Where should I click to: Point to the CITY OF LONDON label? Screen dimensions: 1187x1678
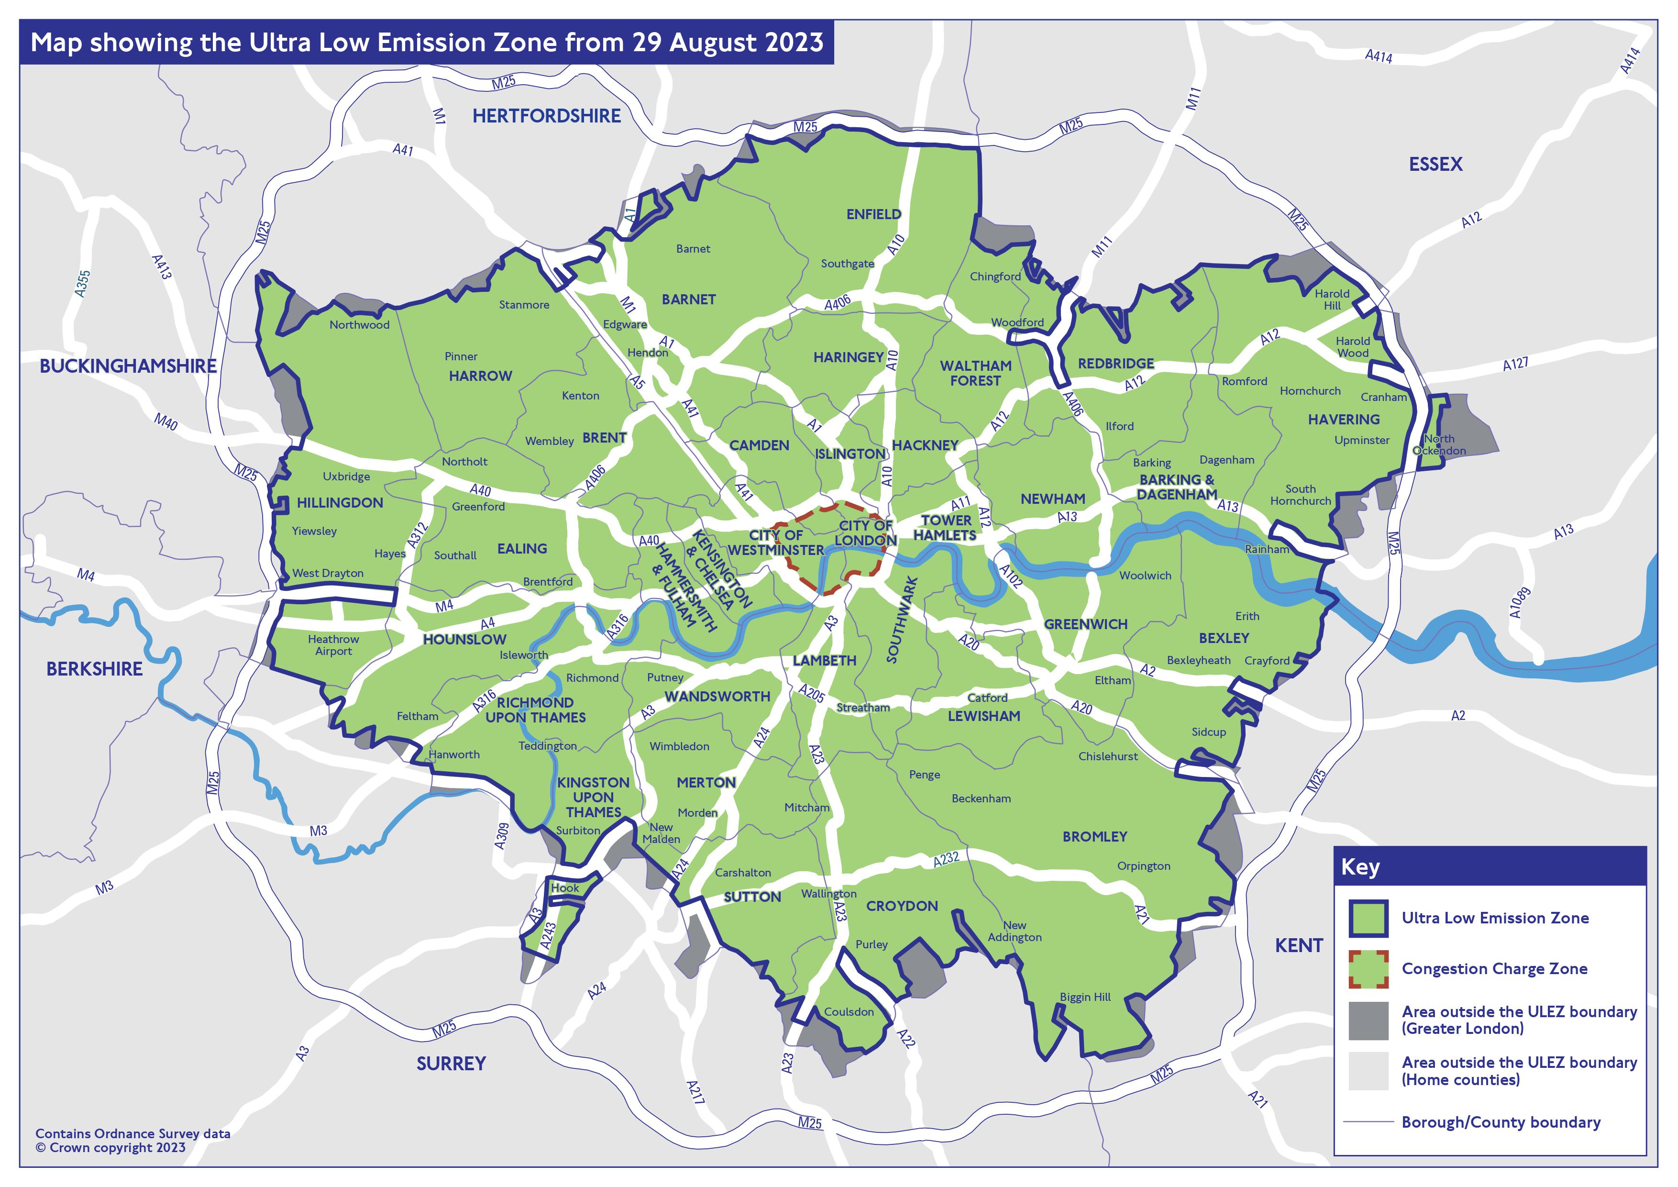(865, 533)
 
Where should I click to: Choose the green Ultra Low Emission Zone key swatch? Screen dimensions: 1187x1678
(1368, 918)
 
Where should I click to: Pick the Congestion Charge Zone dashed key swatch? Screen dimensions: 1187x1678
(1368, 969)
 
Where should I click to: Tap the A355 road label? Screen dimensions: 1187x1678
(83, 284)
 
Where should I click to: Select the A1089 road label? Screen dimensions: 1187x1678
(1519, 603)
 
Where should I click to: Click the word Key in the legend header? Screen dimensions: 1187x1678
(1360, 867)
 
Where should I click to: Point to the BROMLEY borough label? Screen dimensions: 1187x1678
(1094, 836)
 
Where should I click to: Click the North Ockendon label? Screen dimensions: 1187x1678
(1438, 444)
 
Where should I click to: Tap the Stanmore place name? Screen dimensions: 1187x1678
(523, 305)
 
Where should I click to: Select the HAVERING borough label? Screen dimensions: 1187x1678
(1343, 420)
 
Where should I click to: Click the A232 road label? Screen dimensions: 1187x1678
(946, 860)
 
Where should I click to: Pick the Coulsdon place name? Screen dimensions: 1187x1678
(849, 1011)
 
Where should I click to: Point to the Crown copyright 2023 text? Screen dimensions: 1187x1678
(111, 1148)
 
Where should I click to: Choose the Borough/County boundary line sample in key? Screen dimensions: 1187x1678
(1368, 1122)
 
